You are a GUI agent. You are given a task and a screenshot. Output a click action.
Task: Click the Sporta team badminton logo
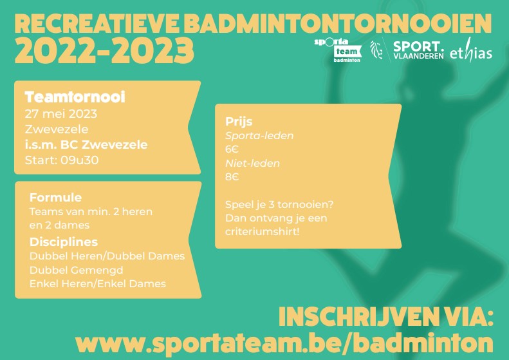[338, 50]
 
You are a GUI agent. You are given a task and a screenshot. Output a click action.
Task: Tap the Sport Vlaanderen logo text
[418, 50]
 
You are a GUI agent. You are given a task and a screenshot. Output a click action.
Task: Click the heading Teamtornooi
[75, 97]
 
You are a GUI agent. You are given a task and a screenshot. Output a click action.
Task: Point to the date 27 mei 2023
[61, 114]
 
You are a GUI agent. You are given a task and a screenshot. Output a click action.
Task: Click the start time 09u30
[80, 160]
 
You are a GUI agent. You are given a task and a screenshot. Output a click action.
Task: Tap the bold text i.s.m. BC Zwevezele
[86, 145]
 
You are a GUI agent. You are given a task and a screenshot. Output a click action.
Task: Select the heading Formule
[55, 197]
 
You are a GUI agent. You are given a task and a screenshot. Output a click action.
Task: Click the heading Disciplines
[64, 242]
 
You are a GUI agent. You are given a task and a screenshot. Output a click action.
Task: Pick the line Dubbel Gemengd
[77, 270]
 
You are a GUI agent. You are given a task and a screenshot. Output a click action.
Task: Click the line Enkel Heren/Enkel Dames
[98, 283]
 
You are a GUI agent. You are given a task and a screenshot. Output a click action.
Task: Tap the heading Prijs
[239, 122]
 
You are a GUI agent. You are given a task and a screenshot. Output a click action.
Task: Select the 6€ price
[232, 149]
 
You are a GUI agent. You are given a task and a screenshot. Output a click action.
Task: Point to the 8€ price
[232, 176]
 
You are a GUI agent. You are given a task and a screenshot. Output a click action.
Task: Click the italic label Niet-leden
[252, 163]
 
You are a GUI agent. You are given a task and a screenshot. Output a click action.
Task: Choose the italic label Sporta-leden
[259, 135]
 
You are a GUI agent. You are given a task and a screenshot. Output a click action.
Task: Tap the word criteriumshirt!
[263, 232]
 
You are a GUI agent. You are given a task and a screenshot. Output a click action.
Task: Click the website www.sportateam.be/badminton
[284, 343]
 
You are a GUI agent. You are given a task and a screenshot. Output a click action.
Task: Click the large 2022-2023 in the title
[104, 51]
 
